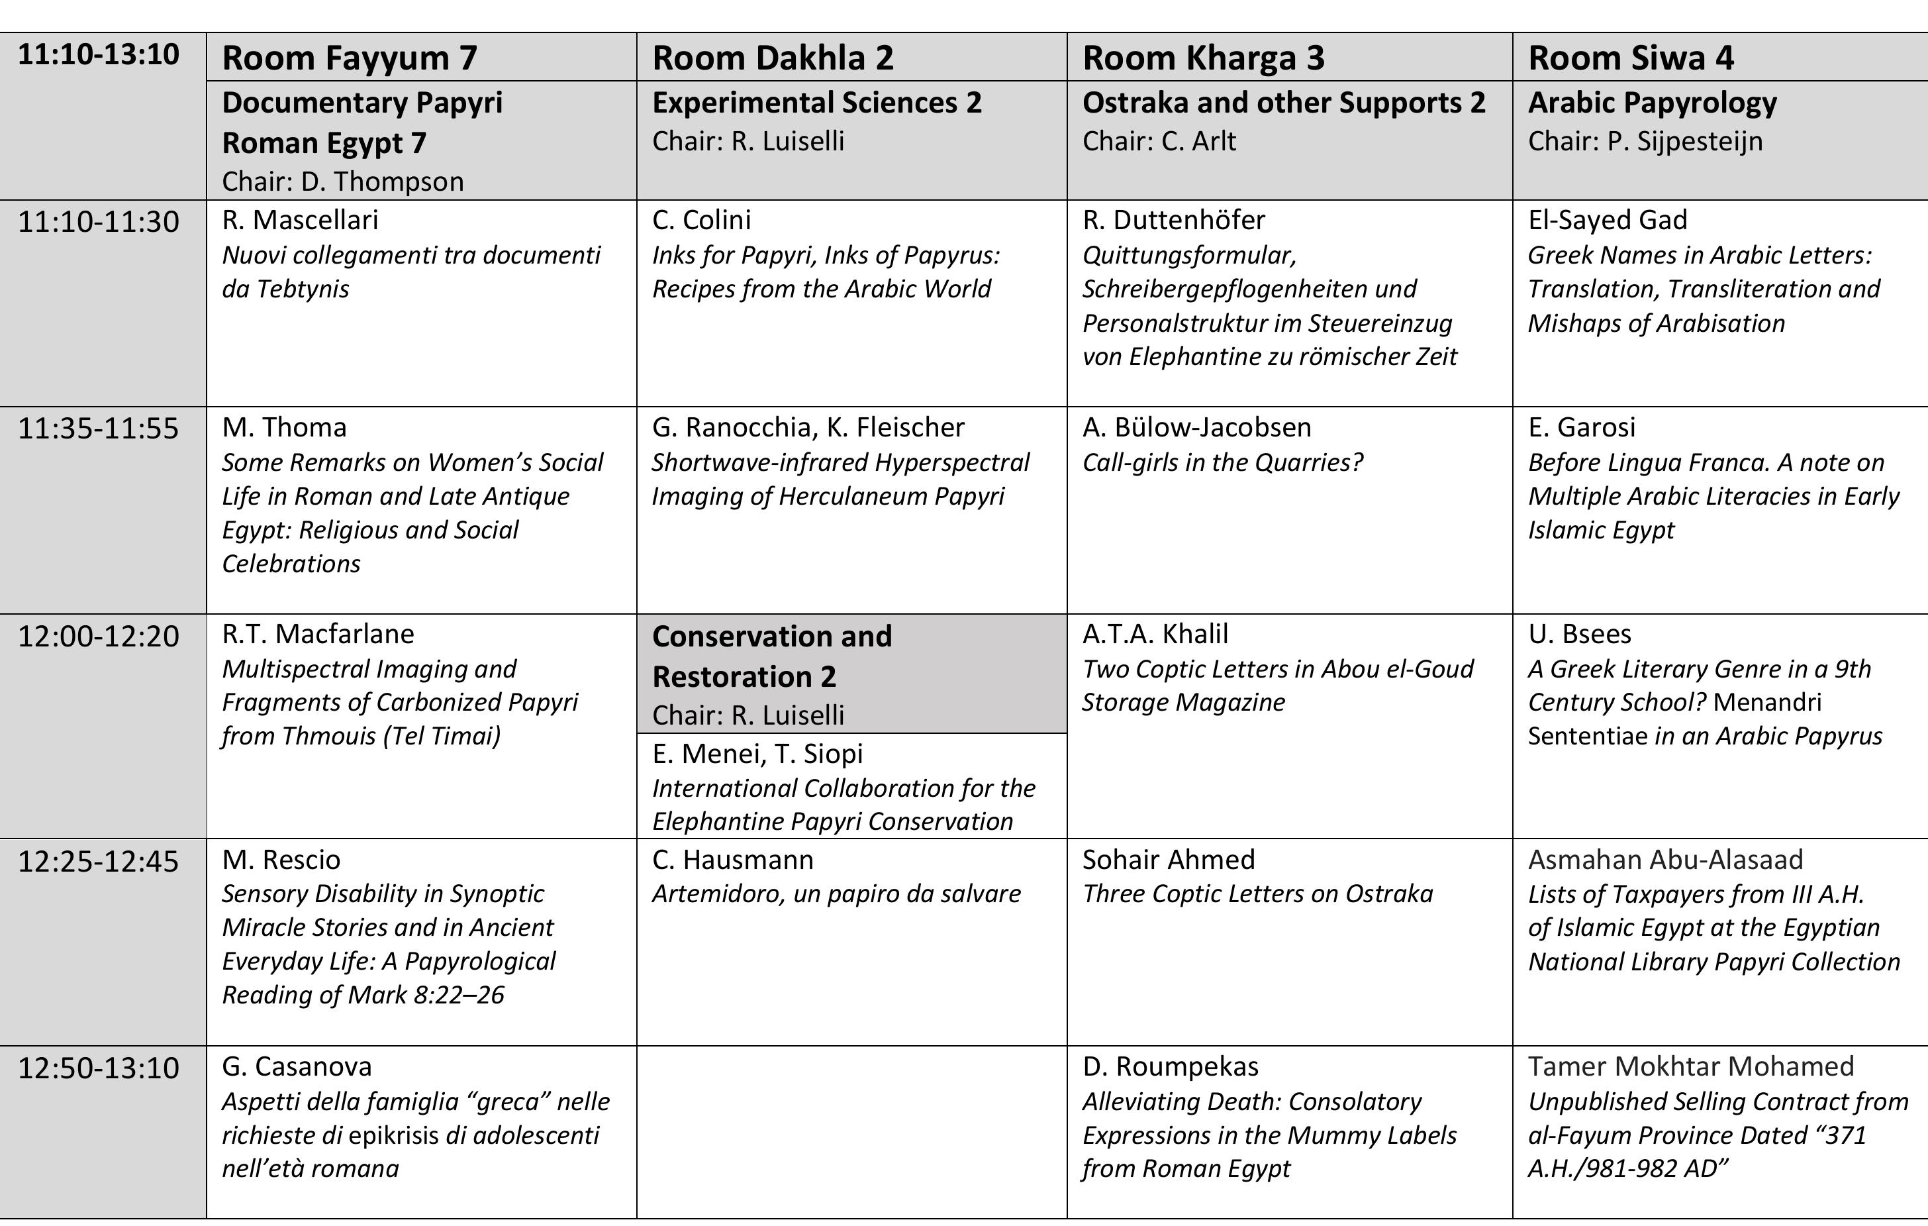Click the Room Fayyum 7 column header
pyautogui.click(x=349, y=58)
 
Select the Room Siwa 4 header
pyautogui.click(x=1630, y=58)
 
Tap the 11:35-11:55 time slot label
pyautogui.click(x=99, y=429)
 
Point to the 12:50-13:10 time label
pyautogui.click(x=99, y=1068)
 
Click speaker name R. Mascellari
pyautogui.click(x=300, y=219)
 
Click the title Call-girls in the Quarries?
pyautogui.click(x=1222, y=462)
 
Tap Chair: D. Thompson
pyautogui.click(x=343, y=181)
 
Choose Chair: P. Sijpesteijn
pyautogui.click(x=1645, y=141)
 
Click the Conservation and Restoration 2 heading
pyautogui.click(x=772, y=656)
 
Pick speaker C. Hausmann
pyautogui.click(x=733, y=859)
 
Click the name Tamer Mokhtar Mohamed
pyautogui.click(x=1690, y=1066)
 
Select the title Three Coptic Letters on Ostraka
pyautogui.click(x=1257, y=894)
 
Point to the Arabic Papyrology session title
pyautogui.click(x=1652, y=103)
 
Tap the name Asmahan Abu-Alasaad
pyautogui.click(x=1665, y=859)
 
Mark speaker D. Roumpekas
pyautogui.click(x=1170, y=1066)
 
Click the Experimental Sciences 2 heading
pyautogui.click(x=816, y=103)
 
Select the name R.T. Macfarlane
pyautogui.click(x=318, y=633)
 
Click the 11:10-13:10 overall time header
pyautogui.click(x=99, y=54)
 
